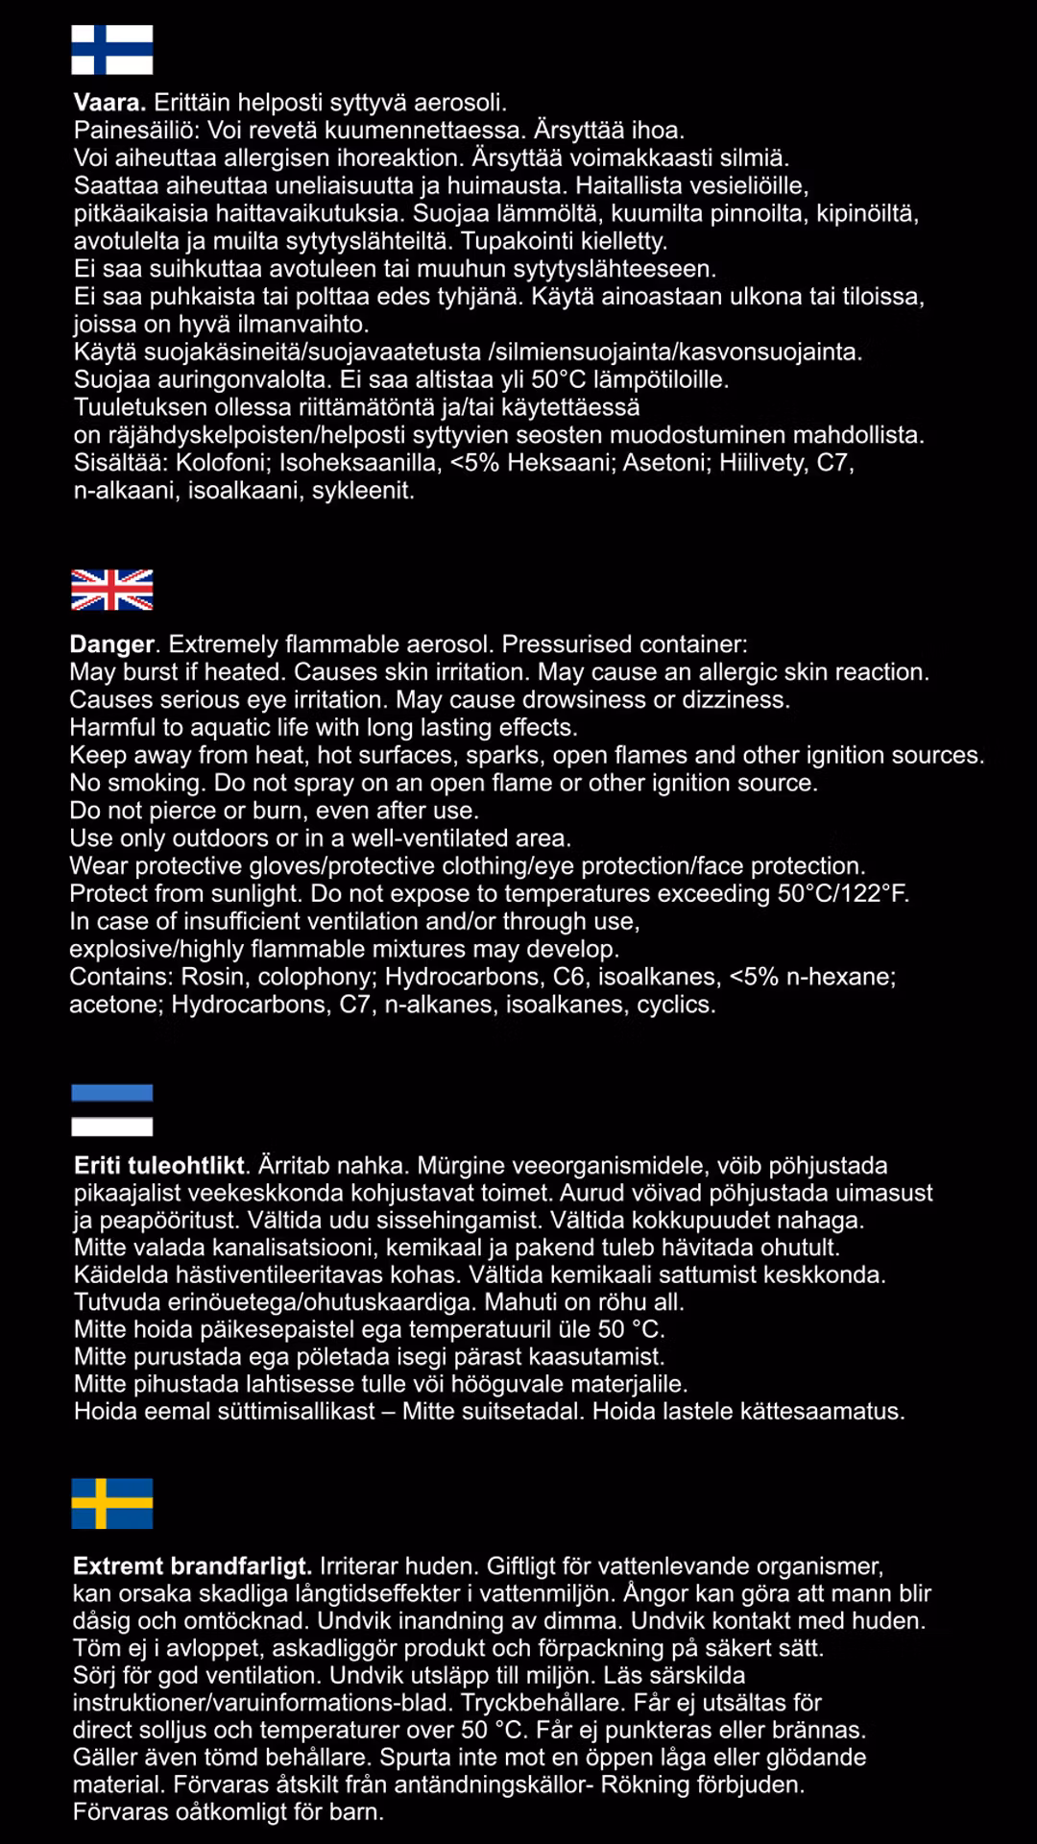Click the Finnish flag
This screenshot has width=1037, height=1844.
[112, 50]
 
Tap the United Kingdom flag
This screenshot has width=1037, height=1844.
[112, 590]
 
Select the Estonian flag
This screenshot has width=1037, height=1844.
[112, 1110]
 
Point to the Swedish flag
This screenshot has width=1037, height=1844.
[112, 1503]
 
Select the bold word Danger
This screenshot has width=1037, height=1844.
[112, 644]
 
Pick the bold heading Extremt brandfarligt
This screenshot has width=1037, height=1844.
[192, 1566]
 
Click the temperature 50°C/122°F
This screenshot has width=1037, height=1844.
[842, 894]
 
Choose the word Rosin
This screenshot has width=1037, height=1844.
[212, 977]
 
